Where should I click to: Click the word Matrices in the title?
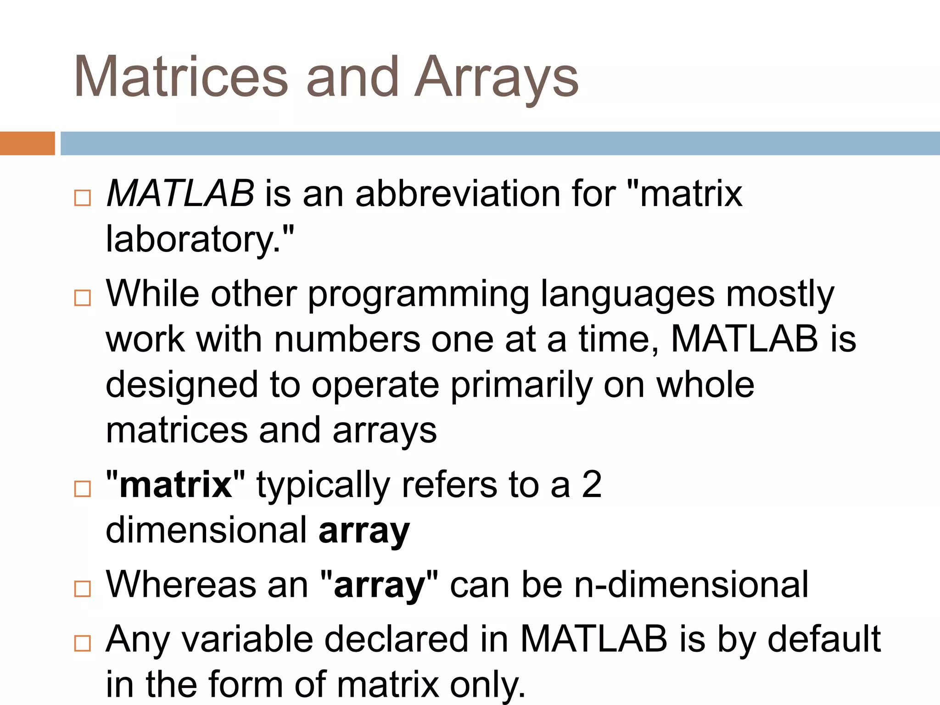point(181,77)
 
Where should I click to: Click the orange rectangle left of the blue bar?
point(27,143)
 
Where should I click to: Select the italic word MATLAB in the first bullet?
point(180,194)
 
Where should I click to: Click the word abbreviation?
point(458,194)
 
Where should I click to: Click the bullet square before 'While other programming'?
point(83,298)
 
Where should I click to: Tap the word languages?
point(627,295)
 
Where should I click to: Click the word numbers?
point(347,340)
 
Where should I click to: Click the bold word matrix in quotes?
point(175,485)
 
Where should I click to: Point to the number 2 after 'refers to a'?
point(592,485)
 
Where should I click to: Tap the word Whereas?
point(181,585)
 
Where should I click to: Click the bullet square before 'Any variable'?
point(83,643)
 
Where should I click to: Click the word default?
point(824,639)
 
